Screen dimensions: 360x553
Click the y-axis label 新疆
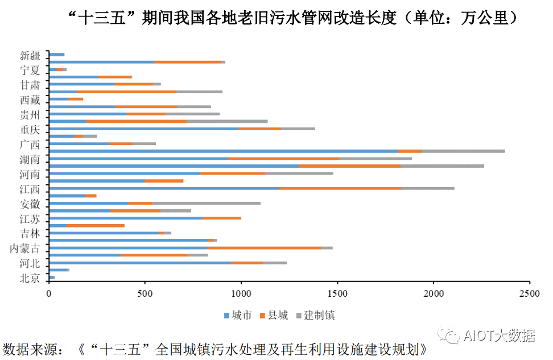pyautogui.click(x=30, y=55)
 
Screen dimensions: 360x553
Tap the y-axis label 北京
pyautogui.click(x=30, y=278)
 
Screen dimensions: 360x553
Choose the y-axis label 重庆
pyautogui.click(x=30, y=129)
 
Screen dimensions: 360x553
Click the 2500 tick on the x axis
pyautogui.click(x=529, y=294)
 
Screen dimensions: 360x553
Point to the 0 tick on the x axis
pyautogui.click(x=49, y=294)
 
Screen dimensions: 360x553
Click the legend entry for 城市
pyautogui.click(x=237, y=315)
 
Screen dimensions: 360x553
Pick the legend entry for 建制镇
pyautogui.click(x=319, y=315)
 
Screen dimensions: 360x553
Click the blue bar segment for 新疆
pyautogui.click(x=56, y=55)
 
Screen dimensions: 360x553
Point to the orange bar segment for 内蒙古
pyautogui.click(x=264, y=248)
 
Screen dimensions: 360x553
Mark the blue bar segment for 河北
pyautogui.click(x=139, y=263)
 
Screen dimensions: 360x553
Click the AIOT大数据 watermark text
pyautogui.click(x=499, y=336)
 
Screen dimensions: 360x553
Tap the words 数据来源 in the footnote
pyautogui.click(x=26, y=349)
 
